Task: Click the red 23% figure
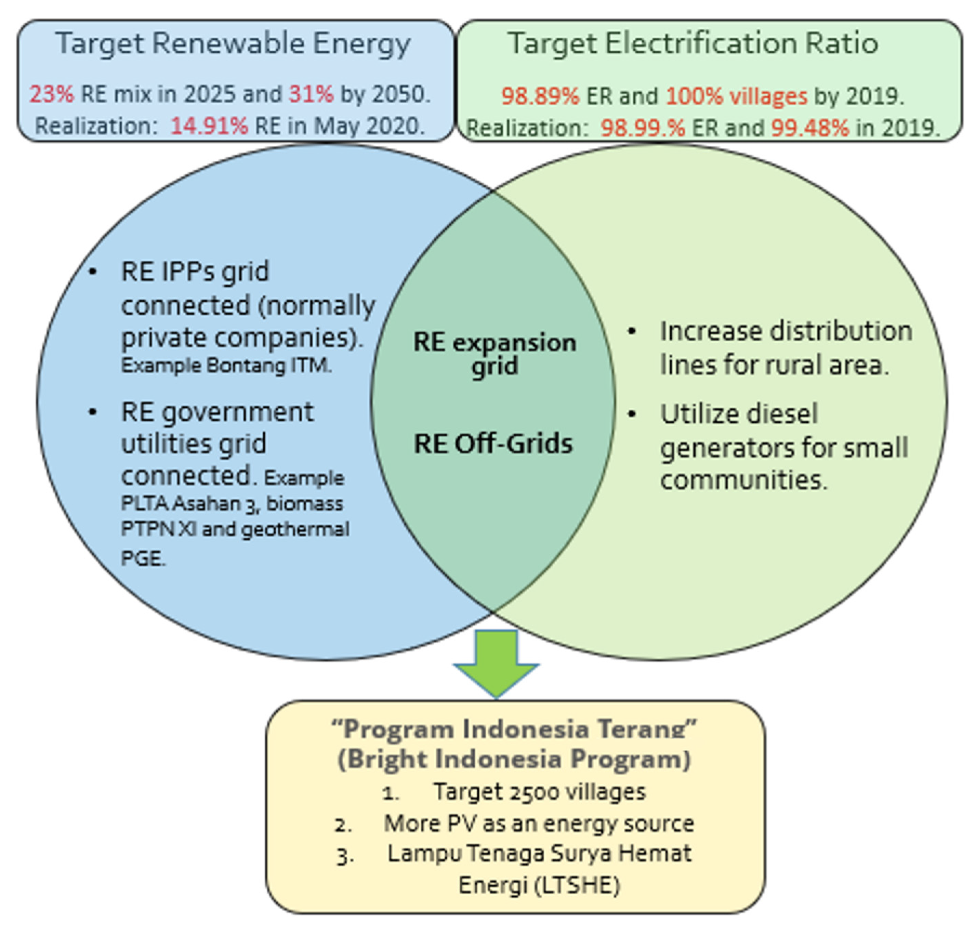click(51, 94)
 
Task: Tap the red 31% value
click(311, 94)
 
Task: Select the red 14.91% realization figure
click(209, 126)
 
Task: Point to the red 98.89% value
click(540, 96)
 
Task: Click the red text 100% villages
click(736, 96)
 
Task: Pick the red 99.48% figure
click(810, 128)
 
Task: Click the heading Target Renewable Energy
click(233, 44)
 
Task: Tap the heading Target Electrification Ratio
click(693, 44)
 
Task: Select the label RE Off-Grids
click(493, 444)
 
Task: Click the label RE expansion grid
click(494, 354)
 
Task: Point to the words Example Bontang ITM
click(226, 366)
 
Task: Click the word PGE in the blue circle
click(142, 558)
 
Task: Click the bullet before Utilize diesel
click(632, 414)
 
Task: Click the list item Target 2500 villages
click(539, 792)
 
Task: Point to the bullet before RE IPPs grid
click(93, 272)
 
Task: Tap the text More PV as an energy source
click(539, 823)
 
